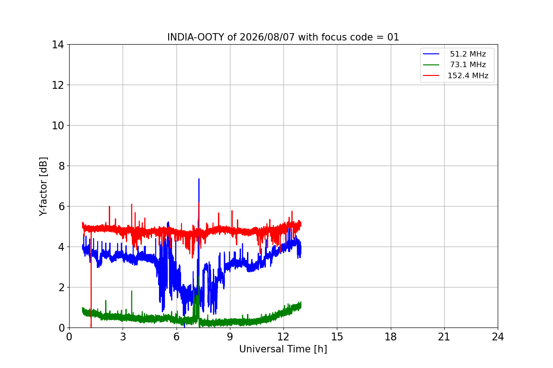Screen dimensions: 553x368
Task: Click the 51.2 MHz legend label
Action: (x=468, y=54)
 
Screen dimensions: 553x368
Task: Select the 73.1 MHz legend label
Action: (x=468, y=64)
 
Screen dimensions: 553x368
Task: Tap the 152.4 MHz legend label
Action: (x=468, y=75)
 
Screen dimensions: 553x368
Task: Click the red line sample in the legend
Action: (x=431, y=75)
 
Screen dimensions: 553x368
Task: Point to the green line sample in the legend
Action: (x=431, y=65)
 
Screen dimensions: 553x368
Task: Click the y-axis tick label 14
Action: (x=58, y=45)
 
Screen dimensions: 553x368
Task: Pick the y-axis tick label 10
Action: (x=58, y=126)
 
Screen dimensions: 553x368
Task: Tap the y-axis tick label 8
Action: (x=61, y=166)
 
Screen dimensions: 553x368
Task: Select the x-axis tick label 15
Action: (x=337, y=337)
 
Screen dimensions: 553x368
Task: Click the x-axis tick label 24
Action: (x=498, y=337)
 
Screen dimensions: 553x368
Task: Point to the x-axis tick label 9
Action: (x=230, y=337)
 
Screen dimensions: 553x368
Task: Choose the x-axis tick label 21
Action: (x=444, y=337)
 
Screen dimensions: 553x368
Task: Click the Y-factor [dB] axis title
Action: (x=43, y=187)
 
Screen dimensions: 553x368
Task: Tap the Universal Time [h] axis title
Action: (x=283, y=349)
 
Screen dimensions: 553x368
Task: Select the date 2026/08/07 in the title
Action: (x=267, y=37)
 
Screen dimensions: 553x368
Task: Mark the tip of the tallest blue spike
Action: (x=199, y=178)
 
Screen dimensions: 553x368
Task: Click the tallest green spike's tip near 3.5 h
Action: (x=132, y=291)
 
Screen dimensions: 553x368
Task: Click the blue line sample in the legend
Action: (x=431, y=54)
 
